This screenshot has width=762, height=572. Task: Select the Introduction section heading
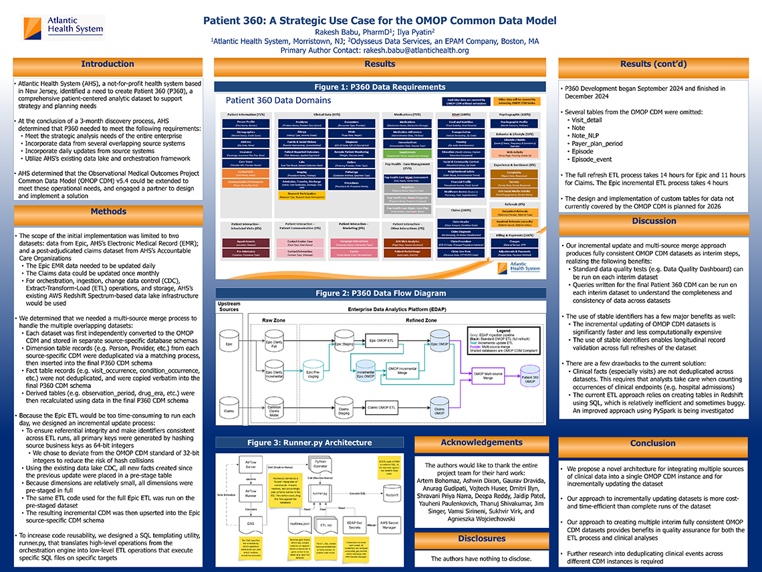click(107, 64)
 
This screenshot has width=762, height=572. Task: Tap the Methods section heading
click(107, 212)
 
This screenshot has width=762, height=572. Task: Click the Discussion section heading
click(654, 221)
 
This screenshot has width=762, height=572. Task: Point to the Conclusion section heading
click(653, 443)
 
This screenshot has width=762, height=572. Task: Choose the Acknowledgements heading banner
click(481, 443)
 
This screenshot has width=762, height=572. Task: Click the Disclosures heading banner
click(481, 539)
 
